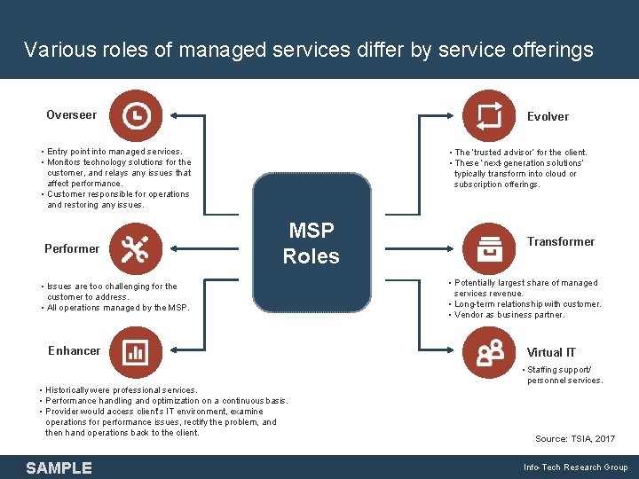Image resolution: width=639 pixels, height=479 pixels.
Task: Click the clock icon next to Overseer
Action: point(136,115)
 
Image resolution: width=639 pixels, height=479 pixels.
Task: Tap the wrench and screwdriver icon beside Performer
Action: point(136,248)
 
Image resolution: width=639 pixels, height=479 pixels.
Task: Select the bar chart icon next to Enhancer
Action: point(136,351)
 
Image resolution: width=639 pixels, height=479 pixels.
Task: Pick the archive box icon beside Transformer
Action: point(489,248)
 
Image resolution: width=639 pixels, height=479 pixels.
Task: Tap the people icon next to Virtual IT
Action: point(489,352)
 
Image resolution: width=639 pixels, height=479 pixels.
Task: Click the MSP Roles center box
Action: point(312,243)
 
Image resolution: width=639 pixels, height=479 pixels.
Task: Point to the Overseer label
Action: point(72,114)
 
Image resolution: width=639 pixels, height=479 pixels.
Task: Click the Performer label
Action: point(72,248)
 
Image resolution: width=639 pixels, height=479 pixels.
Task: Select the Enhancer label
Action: point(75,350)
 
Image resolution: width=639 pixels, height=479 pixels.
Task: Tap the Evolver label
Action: point(548,116)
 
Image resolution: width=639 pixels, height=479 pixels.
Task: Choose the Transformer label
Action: point(561,241)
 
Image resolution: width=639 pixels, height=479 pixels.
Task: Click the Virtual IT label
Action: point(551,352)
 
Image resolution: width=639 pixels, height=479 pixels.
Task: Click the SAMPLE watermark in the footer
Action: point(59,467)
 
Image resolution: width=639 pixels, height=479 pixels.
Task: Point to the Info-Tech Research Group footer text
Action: point(575,467)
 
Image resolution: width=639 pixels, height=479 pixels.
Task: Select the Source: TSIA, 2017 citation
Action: point(574,439)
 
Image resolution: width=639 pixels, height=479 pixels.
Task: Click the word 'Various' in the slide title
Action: point(56,50)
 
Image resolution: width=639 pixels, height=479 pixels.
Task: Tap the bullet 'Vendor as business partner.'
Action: point(510,315)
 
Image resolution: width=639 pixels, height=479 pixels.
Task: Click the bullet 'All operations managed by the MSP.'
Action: point(118,308)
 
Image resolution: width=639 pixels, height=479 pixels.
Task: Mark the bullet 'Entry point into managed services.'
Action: point(114,152)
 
